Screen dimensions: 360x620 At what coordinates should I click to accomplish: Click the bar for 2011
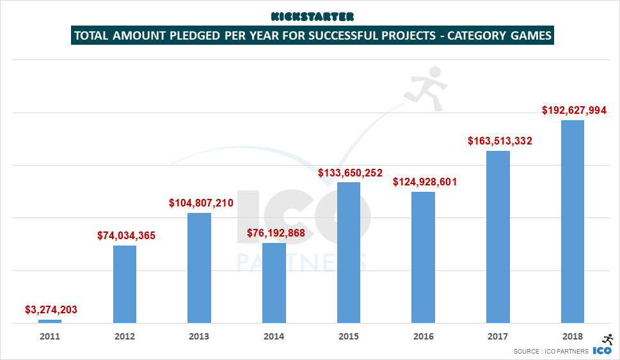[x=50, y=321]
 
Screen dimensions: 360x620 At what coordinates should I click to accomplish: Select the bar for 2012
[x=125, y=284]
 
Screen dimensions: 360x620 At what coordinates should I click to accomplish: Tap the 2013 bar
[x=199, y=268]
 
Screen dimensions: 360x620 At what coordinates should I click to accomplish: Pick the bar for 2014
[x=274, y=283]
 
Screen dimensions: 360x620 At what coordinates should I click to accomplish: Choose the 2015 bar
[x=349, y=253]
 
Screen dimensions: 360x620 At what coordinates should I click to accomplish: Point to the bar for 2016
[x=423, y=257]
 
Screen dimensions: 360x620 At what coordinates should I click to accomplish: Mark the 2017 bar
[x=498, y=237]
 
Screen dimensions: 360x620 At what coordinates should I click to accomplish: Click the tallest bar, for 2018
[x=573, y=221]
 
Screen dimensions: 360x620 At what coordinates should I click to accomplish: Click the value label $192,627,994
[x=574, y=110]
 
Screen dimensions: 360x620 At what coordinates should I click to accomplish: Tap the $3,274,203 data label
[x=51, y=310]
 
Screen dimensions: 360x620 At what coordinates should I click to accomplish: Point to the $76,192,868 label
[x=276, y=233]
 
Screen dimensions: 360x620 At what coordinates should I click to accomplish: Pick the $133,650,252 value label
[x=350, y=172]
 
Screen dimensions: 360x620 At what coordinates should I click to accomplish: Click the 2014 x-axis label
[x=274, y=336]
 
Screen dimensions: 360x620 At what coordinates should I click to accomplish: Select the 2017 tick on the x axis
[x=498, y=336]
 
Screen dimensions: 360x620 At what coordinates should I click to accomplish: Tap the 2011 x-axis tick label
[x=50, y=336]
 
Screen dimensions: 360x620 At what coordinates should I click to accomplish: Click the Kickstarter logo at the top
[x=312, y=16]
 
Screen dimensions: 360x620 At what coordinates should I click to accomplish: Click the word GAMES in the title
[x=529, y=36]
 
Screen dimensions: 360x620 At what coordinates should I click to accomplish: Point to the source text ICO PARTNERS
[x=563, y=352]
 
